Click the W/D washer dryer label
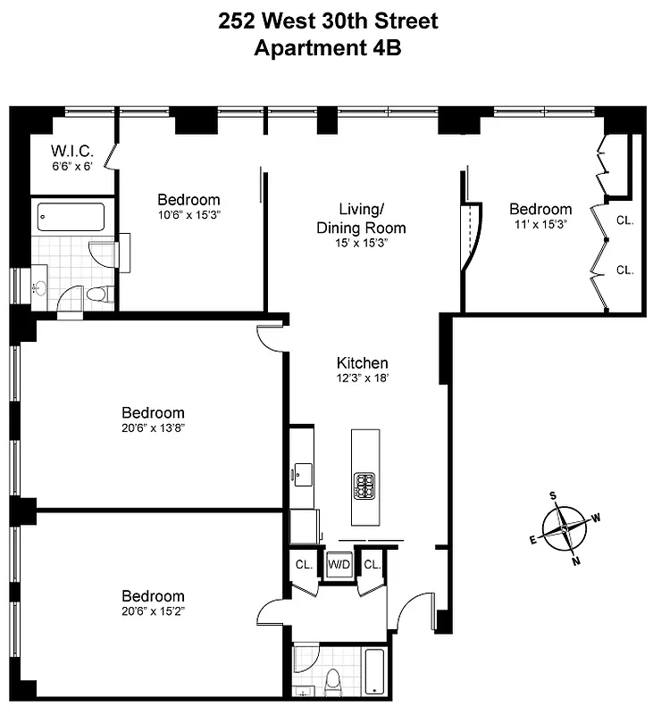339,564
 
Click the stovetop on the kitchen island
364,486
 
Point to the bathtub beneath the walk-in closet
71,217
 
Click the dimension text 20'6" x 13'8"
153,428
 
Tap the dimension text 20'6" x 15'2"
153,611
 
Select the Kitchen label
362,363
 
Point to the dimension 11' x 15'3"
540,224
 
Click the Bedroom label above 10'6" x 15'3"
188,200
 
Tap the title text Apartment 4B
328,48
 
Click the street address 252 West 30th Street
328,21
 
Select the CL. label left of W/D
304,564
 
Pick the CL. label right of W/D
373,564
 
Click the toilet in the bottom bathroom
334,684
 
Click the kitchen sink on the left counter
301,470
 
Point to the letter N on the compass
575,560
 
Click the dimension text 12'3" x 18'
362,378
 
